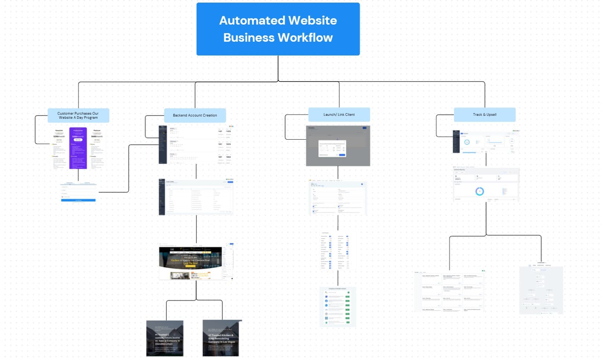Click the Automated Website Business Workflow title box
pyautogui.click(x=278, y=29)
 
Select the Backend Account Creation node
pyautogui.click(x=195, y=115)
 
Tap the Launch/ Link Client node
pyautogui.click(x=339, y=115)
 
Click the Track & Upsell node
pyautogui.click(x=484, y=115)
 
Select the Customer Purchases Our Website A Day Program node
pyautogui.click(x=78, y=115)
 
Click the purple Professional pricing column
pyautogui.click(x=78, y=148)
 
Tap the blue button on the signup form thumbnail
pyautogui.click(x=78, y=200)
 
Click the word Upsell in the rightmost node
pyautogui.click(x=491, y=115)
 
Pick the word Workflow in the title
pyautogui.click(x=305, y=38)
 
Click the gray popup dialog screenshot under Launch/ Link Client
pyautogui.click(x=338, y=146)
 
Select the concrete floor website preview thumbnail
pyautogui.click(x=196, y=262)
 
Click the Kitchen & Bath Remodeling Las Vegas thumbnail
pyautogui.click(x=221, y=338)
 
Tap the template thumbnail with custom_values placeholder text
pyautogui.click(x=165, y=338)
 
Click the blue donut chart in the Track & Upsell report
pyautogui.click(x=480, y=191)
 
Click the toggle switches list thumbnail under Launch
pyautogui.click(x=335, y=251)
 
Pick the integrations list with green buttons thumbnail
pyautogui.click(x=337, y=307)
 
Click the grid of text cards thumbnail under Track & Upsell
pyautogui.click(x=450, y=291)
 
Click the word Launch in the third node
pyautogui.click(x=329, y=115)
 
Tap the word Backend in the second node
pyautogui.click(x=180, y=115)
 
